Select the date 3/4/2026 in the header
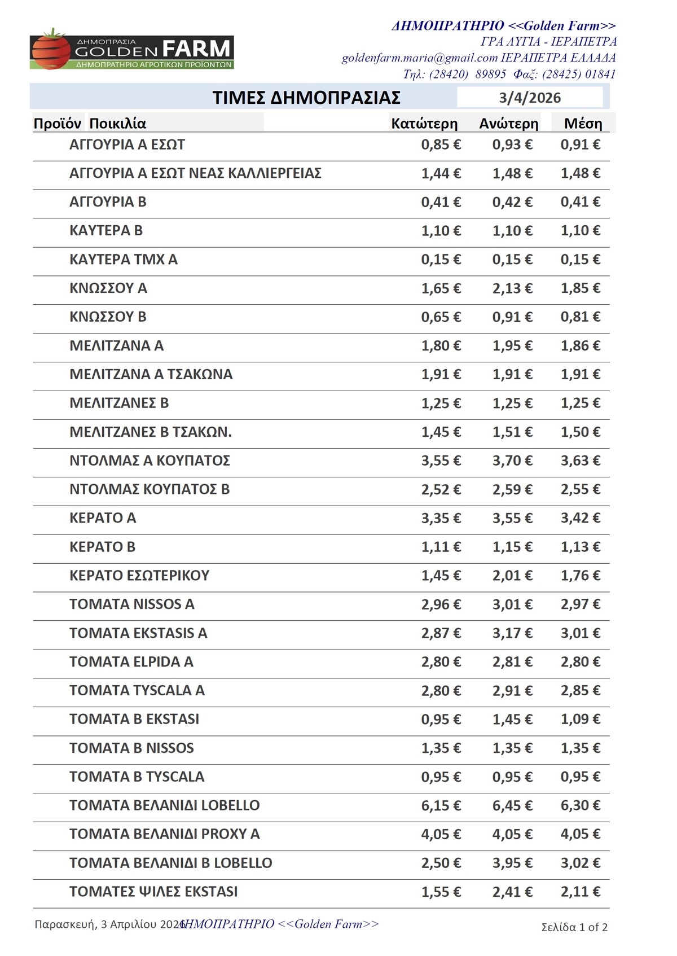529,98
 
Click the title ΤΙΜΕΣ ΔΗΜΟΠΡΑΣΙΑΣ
306,98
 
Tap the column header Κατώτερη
424,124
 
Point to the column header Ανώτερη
509,124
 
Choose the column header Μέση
583,124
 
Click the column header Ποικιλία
117,124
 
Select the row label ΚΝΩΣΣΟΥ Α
108,288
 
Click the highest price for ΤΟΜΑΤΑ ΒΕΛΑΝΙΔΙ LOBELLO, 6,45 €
512,806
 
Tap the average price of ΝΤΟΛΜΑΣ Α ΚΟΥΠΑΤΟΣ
580,461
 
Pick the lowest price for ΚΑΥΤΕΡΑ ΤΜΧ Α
441,260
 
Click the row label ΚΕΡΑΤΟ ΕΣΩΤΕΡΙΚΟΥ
139,576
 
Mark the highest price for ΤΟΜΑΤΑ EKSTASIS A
512,633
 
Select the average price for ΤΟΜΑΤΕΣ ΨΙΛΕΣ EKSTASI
580,892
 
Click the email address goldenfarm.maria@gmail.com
419,58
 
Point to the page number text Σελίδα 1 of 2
574,927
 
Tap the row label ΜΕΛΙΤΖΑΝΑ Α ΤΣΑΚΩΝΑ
151,375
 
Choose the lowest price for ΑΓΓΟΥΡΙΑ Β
441,202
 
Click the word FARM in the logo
196,49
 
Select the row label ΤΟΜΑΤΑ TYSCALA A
137,691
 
